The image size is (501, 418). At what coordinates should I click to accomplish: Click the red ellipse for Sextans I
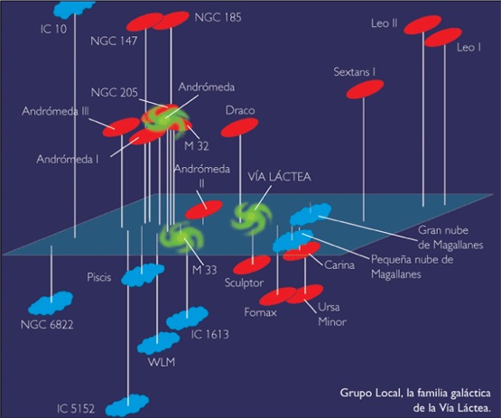pos(365,88)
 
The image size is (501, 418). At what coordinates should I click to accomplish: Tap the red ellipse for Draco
pos(239,127)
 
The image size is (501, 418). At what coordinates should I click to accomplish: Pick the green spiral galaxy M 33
pos(181,237)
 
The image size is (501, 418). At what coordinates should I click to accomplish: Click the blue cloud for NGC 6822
pos(51,302)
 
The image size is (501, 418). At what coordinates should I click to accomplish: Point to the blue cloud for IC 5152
pos(127,405)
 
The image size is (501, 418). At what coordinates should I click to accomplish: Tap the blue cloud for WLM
pos(159,343)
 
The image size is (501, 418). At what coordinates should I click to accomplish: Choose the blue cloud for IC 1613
pos(187,318)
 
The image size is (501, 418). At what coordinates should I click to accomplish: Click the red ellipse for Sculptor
pos(252,265)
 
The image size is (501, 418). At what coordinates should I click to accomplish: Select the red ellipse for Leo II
pos(422,24)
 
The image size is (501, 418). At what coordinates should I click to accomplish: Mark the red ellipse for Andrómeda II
pos(204,209)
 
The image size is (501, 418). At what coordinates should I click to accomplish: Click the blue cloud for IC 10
pos(75,7)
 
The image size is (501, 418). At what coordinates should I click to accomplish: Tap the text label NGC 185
pos(218,17)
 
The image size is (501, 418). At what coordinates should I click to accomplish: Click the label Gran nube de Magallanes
pos(450,237)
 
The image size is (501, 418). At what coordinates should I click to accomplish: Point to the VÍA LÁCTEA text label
pos(280,177)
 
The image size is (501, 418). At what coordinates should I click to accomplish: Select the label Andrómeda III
pos(55,111)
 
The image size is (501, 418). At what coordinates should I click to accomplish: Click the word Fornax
pos(260,311)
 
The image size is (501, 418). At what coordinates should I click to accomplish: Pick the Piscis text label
pos(99,277)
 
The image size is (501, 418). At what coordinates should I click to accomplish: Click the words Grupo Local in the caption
pos(370,393)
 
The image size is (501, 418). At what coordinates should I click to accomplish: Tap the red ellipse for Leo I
pos(443,37)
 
